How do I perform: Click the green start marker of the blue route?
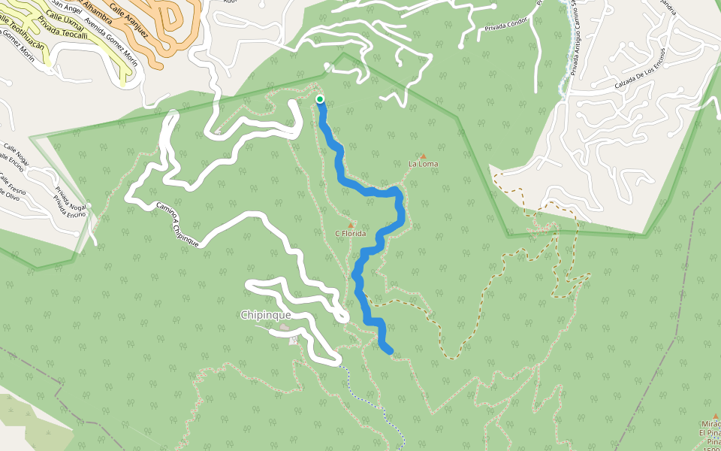(320, 99)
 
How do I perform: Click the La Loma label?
(423, 164)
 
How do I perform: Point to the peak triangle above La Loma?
(423, 156)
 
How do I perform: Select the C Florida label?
(350, 234)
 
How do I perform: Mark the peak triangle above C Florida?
(350, 225)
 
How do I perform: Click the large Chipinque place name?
(265, 315)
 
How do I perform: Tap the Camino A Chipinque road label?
(177, 224)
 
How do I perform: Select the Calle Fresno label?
(11, 182)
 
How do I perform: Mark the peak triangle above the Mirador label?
(715, 416)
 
